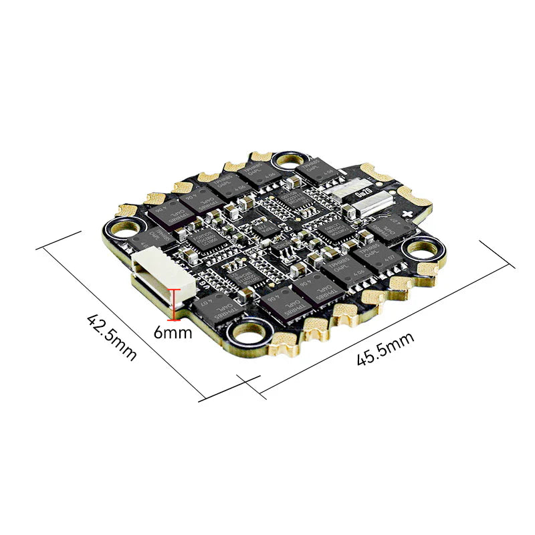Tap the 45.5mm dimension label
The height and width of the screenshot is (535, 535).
[385, 349]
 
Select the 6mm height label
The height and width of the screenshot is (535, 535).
[172, 331]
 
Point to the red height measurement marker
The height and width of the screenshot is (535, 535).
[176, 302]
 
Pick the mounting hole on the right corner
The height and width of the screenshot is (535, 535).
[421, 249]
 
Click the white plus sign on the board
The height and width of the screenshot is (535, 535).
[408, 212]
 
